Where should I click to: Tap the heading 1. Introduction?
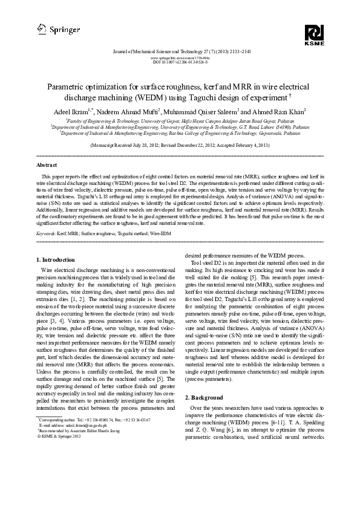pos(59,260)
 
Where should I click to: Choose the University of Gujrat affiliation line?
pos(180,121)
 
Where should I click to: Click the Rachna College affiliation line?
pos(180,132)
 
